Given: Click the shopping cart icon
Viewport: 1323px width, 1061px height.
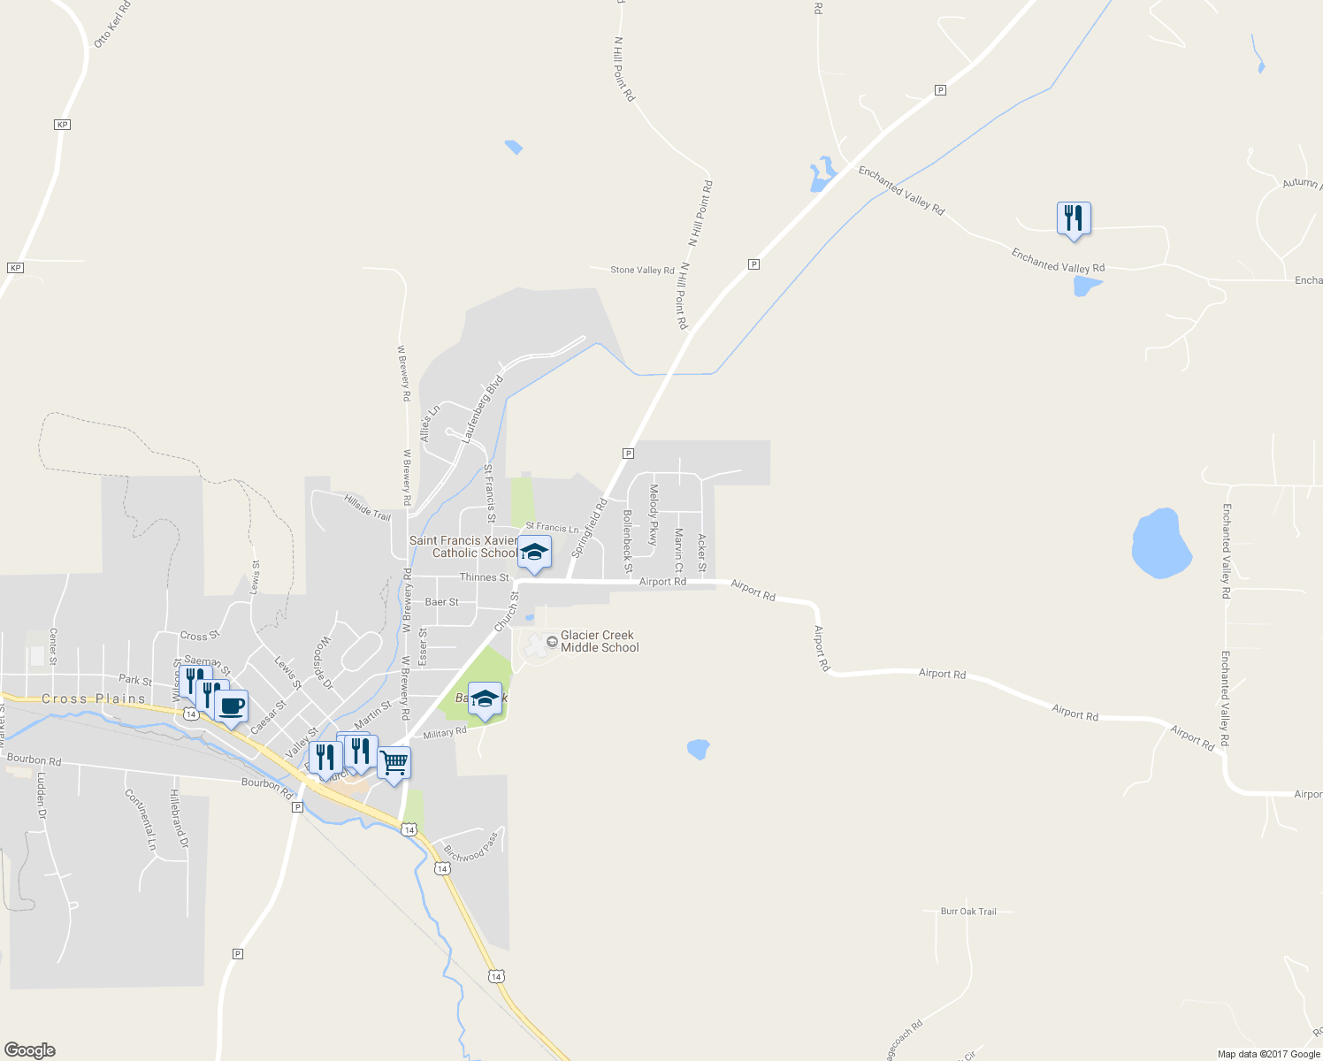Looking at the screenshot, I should point(394,762).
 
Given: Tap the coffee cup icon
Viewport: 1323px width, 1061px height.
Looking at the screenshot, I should point(231,706).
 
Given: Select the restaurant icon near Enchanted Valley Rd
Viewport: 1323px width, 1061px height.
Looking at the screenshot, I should point(1073,218).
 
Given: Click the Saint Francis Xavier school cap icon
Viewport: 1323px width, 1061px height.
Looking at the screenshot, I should point(533,553).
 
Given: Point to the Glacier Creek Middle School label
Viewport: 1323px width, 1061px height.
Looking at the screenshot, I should point(599,642).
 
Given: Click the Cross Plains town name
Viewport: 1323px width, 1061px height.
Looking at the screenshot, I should point(94,698).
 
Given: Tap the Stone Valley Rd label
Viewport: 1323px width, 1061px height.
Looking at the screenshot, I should point(642,270).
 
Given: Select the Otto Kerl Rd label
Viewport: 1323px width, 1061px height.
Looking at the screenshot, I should point(112,25).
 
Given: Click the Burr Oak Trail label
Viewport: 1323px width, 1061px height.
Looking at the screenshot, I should point(968,912).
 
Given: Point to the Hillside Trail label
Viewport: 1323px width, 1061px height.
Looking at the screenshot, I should point(367,508).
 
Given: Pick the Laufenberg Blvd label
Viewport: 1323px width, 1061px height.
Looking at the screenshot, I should point(482,408).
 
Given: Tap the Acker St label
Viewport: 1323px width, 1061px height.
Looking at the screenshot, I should point(703,553).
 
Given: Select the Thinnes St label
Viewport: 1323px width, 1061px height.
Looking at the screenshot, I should point(484,577).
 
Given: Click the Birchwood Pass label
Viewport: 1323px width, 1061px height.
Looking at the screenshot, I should point(471,847).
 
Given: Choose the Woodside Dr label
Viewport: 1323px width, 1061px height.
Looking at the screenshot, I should point(323,663).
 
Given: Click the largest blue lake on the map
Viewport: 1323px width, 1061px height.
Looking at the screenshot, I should point(1161,543).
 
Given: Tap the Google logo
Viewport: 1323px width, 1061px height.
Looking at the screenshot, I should point(30,1050).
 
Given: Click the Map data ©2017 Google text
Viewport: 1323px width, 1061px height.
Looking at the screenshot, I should point(1268,1054).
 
